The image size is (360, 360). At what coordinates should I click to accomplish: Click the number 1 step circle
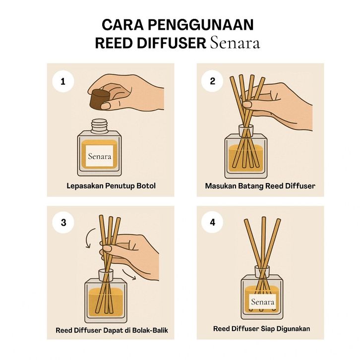click(x=63, y=82)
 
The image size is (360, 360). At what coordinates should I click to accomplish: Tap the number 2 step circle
click(x=212, y=81)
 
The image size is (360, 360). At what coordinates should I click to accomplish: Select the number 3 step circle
click(x=63, y=223)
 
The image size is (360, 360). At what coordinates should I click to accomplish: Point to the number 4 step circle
click(x=212, y=222)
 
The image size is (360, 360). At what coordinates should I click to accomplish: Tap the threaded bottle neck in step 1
click(x=99, y=126)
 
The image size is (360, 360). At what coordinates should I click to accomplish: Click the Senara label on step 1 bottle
click(x=100, y=156)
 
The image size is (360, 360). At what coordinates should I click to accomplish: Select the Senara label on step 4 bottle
click(x=263, y=301)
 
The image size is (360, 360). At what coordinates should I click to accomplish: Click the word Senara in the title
click(x=235, y=43)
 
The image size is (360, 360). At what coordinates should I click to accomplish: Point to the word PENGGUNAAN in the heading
click(x=201, y=25)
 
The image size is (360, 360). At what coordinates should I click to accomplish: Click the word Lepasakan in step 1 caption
click(x=85, y=186)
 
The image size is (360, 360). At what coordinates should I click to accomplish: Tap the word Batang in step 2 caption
click(x=251, y=186)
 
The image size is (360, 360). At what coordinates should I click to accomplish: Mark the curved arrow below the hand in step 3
click(x=129, y=275)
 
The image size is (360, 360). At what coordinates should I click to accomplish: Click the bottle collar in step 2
click(x=246, y=130)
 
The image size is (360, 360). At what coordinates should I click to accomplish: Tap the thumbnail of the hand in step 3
click(x=107, y=248)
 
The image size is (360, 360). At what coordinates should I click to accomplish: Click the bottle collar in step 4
click(x=262, y=272)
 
